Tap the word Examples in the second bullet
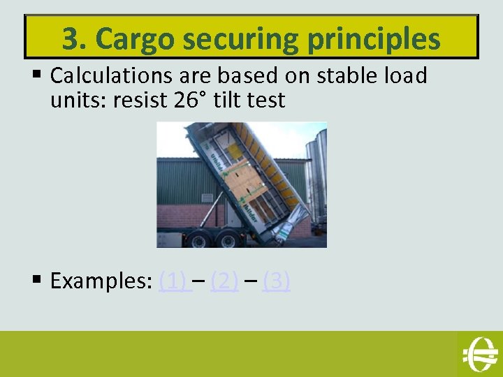(x=96, y=281)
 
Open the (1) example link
(x=172, y=281)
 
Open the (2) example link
(x=224, y=281)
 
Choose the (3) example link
(x=276, y=281)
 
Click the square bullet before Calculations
(x=37, y=75)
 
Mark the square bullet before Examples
(x=37, y=281)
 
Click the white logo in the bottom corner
(x=479, y=353)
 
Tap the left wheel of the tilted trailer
(x=198, y=239)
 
